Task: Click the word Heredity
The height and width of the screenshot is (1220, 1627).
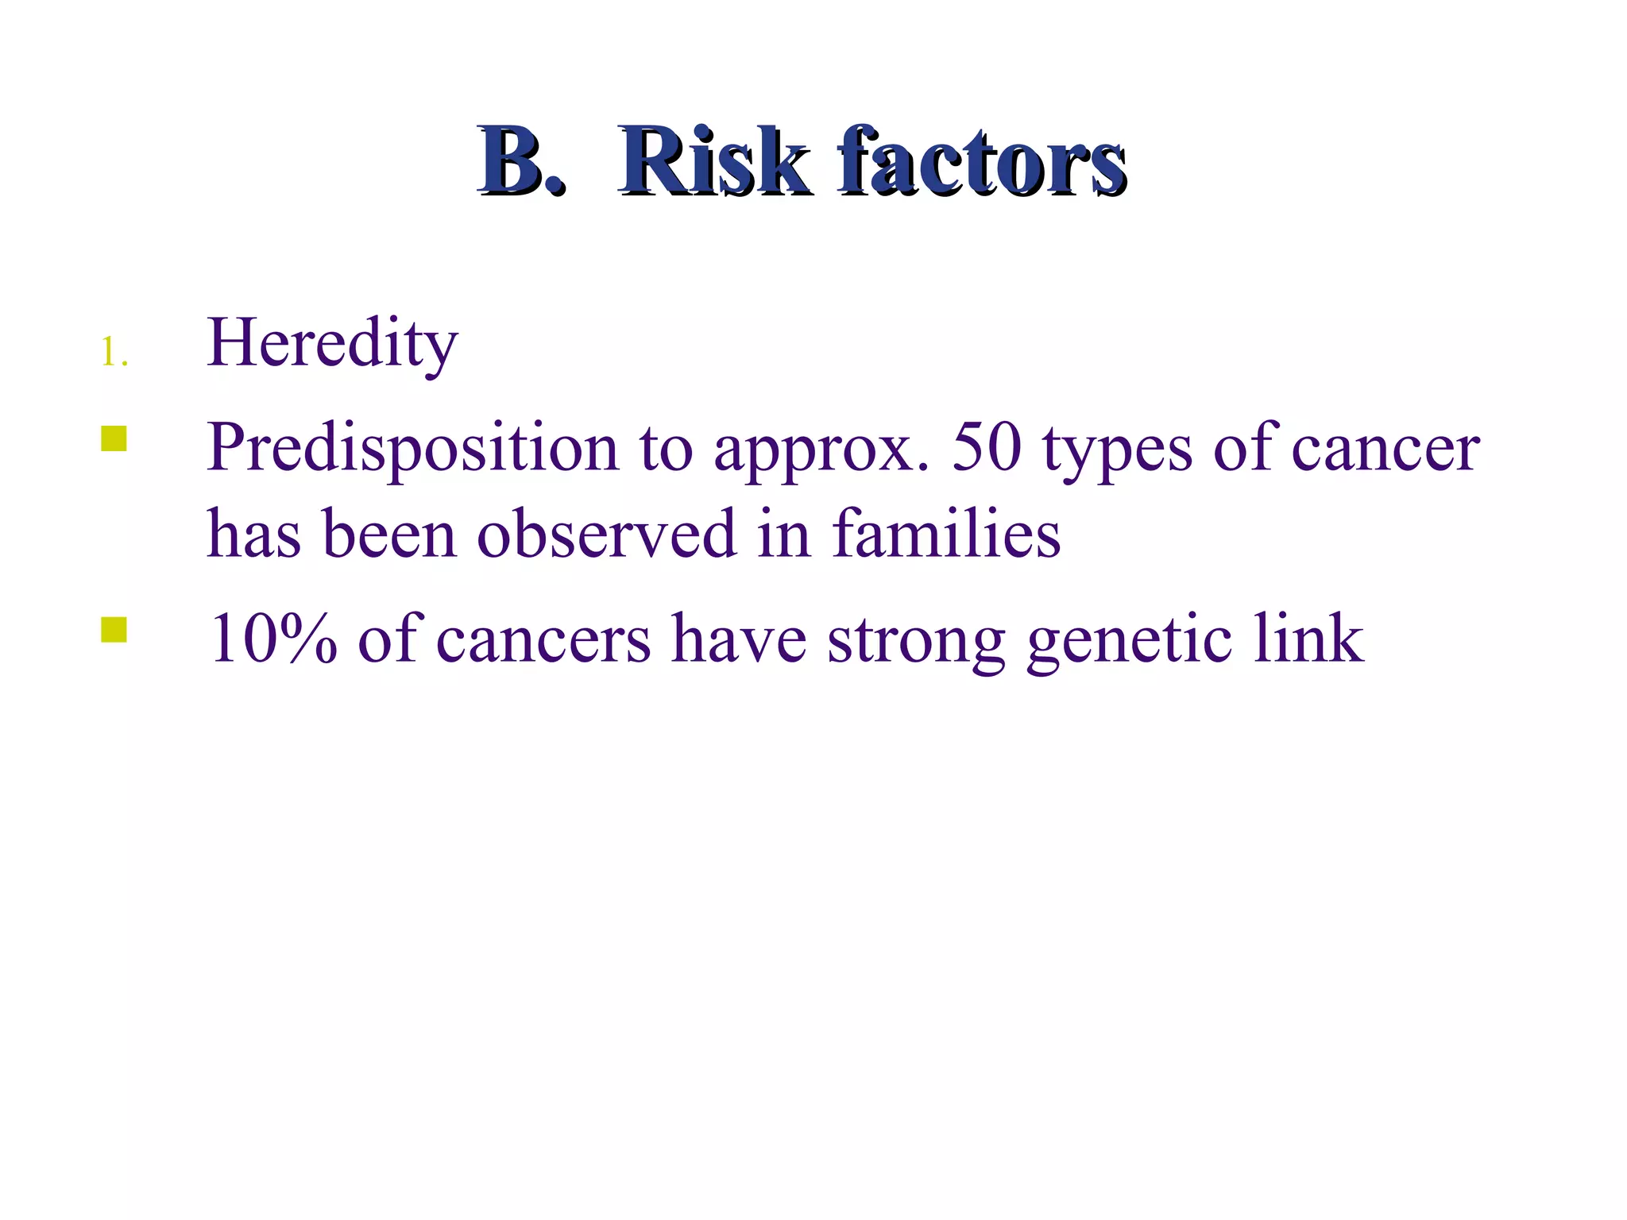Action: pyautogui.click(x=332, y=343)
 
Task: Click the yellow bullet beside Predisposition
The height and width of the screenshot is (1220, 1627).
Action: pyautogui.click(x=114, y=439)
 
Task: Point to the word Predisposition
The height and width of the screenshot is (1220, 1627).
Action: pyautogui.click(x=412, y=448)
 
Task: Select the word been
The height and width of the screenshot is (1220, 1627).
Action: pyautogui.click(x=390, y=534)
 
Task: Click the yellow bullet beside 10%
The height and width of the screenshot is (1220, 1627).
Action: pyautogui.click(x=114, y=630)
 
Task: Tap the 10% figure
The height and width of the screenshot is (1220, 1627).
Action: pyautogui.click(x=272, y=639)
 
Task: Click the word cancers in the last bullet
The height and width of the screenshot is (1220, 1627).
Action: pyautogui.click(x=543, y=640)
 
